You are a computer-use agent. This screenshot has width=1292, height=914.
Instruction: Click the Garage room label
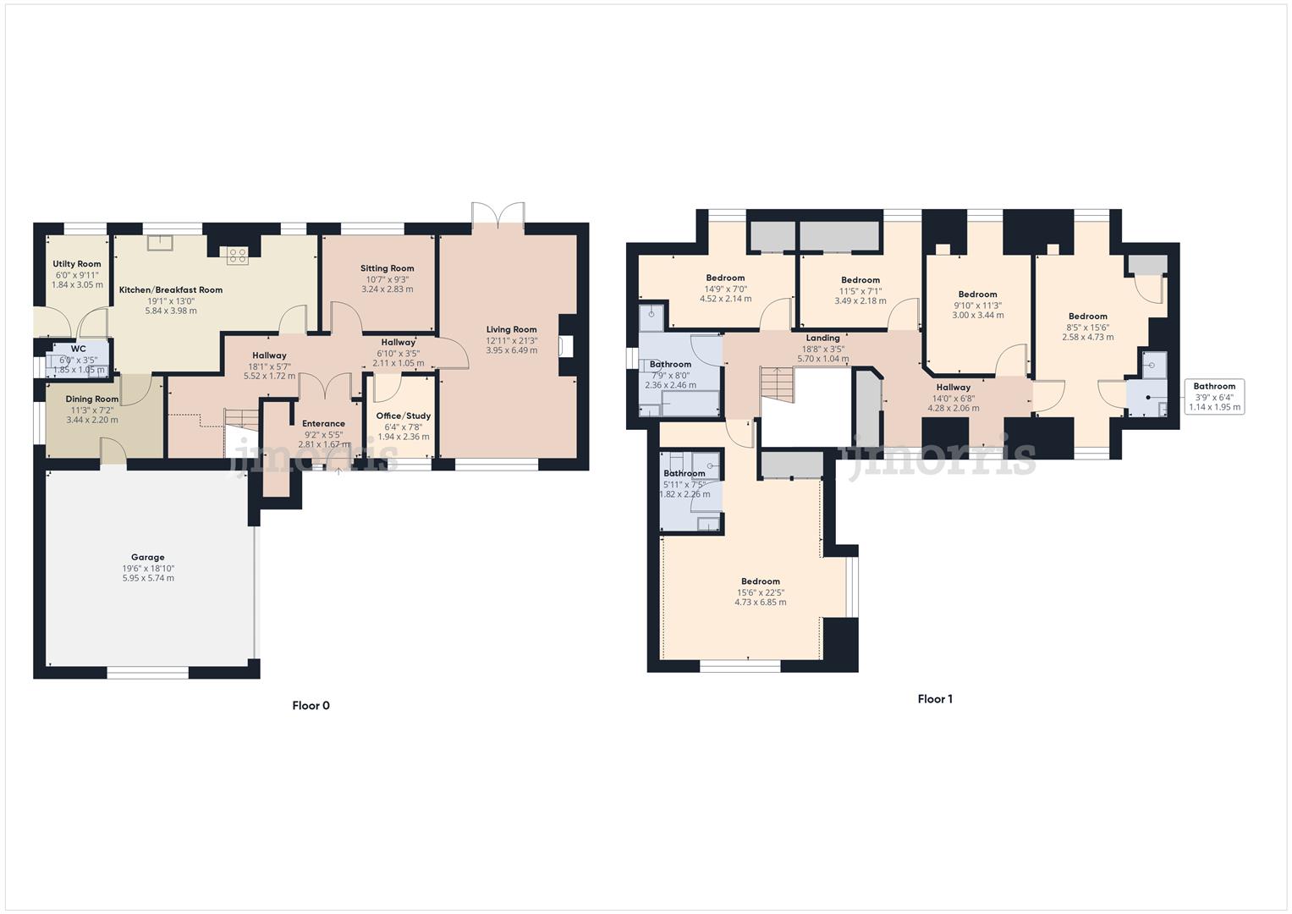coord(148,558)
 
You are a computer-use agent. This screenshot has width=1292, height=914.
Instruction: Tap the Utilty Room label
coord(77,264)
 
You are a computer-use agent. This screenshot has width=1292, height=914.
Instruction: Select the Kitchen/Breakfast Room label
coord(171,290)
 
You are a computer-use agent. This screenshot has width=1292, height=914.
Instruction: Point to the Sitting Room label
coord(388,268)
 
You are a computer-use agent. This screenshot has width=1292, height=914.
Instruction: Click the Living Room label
coord(511,330)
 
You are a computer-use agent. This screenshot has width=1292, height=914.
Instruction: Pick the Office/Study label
coord(404,416)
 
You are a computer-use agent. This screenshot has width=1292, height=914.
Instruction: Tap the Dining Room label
coord(92,399)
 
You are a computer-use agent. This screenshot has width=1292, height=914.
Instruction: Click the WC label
coord(78,349)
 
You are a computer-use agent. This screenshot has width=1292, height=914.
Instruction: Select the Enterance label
coord(323,424)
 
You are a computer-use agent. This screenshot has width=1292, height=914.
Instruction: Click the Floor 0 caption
coord(311,706)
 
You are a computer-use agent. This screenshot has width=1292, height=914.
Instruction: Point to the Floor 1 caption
coord(935,699)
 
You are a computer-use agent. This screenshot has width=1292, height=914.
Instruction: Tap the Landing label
coord(822,338)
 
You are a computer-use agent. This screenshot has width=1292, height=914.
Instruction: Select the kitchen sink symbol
coord(159,243)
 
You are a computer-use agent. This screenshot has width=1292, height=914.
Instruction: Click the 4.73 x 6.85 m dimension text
coord(760,603)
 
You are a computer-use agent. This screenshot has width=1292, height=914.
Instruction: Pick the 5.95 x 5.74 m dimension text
coord(148,578)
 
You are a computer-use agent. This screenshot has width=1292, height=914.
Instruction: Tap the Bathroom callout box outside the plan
coord(1214,397)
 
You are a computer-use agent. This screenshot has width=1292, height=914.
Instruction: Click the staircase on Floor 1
coord(778,385)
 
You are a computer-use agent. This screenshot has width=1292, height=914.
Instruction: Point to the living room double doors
coord(499,215)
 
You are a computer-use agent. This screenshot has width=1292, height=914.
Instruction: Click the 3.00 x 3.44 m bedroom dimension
coord(978,315)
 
